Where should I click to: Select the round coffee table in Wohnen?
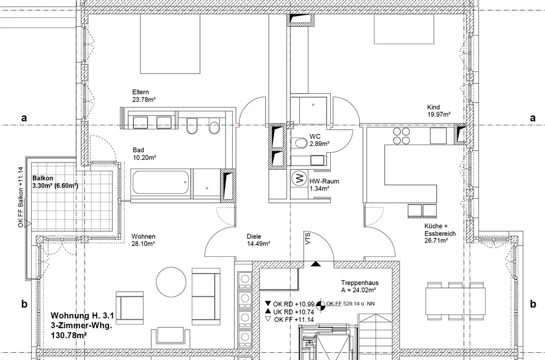[x=171, y=281]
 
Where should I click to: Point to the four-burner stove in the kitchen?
[x=401, y=136]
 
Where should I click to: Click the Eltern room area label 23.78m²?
[x=144, y=100]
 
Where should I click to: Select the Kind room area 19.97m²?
[x=439, y=115]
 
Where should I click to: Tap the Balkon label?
[x=43, y=178]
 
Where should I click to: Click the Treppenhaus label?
[x=360, y=283]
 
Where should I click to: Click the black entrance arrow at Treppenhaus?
[x=316, y=263]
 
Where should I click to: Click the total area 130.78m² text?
[x=69, y=335]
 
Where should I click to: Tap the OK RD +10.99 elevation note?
[x=290, y=304]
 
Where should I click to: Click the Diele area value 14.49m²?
[x=258, y=244]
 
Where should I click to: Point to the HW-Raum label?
[x=324, y=181]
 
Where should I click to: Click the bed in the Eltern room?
[x=170, y=44]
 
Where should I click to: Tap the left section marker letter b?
[x=24, y=304]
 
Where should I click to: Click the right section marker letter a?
[x=533, y=118]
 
